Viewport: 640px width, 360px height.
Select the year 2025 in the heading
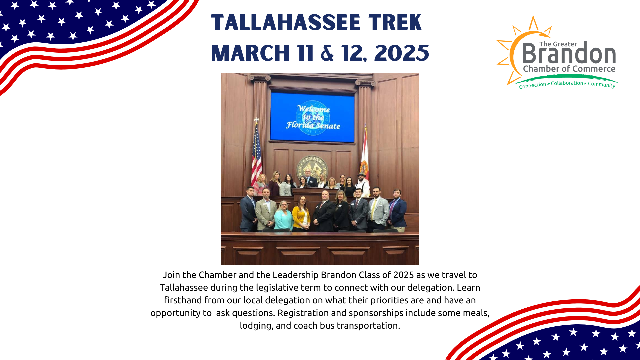(x=402, y=53)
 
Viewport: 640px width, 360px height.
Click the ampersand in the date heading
(x=327, y=53)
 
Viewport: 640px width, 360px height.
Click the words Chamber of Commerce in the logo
(x=569, y=69)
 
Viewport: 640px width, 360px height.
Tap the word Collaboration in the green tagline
(x=567, y=83)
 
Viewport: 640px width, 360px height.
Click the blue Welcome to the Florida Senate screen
(x=312, y=117)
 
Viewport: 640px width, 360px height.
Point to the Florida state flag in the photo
(x=364, y=157)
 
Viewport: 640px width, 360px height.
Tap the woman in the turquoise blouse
(x=283, y=216)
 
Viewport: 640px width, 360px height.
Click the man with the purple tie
(x=397, y=210)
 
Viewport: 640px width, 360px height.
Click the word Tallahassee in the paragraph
(x=184, y=288)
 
